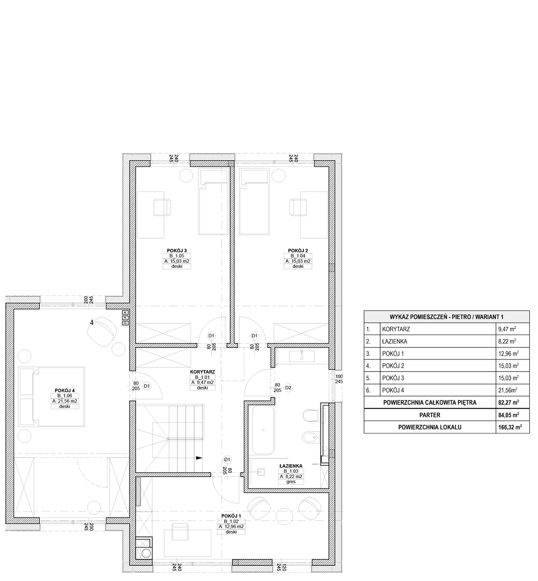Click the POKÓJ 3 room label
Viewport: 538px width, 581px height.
pyautogui.click(x=177, y=251)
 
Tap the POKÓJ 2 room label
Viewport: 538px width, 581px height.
pyautogui.click(x=298, y=251)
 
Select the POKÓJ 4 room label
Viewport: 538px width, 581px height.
pyautogui.click(x=65, y=390)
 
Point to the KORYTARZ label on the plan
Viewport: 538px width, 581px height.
pyautogui.click(x=202, y=372)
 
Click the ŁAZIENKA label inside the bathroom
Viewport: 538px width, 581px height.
pyautogui.click(x=291, y=466)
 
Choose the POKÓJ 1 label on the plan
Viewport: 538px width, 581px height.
pyautogui.click(x=231, y=516)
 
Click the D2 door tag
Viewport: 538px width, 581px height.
pyautogui.click(x=288, y=387)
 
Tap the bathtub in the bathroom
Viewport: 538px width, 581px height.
pyautogui.click(x=263, y=430)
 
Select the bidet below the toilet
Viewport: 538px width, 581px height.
pyautogui.click(x=310, y=437)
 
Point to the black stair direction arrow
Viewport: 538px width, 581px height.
pyautogui.click(x=199, y=458)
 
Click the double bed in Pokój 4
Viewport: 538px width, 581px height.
pyautogui.click(x=52, y=396)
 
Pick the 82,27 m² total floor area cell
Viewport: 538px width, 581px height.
pyautogui.click(x=508, y=402)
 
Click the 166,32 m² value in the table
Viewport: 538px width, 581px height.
pyautogui.click(x=510, y=427)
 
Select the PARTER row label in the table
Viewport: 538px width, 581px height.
pyautogui.click(x=430, y=415)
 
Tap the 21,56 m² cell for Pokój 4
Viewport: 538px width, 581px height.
pyautogui.click(x=508, y=390)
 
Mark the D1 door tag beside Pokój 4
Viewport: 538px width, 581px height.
pyautogui.click(x=147, y=386)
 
